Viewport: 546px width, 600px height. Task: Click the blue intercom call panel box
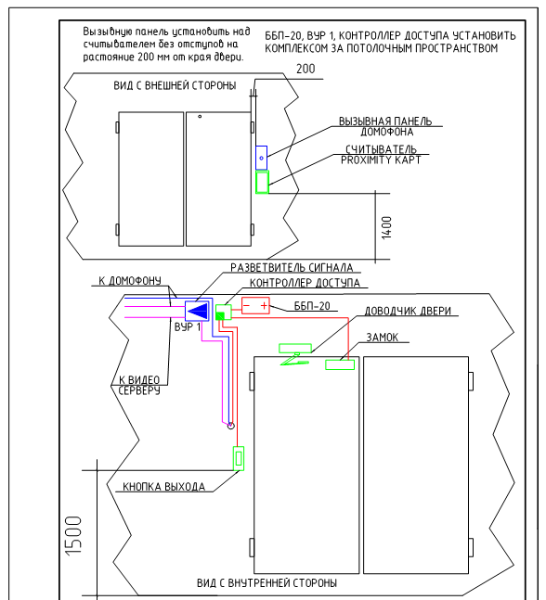[261, 158]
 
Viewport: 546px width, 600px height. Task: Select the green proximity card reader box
[263, 182]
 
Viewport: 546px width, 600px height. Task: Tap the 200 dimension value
[305, 69]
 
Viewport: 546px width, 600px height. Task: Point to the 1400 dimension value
[386, 228]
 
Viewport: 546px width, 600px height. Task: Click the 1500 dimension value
[73, 535]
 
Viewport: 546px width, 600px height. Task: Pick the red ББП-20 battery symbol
[255, 306]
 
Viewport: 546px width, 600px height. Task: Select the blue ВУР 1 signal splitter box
[197, 311]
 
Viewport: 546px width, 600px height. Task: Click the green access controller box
[224, 313]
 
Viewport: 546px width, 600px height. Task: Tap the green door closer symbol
[294, 354]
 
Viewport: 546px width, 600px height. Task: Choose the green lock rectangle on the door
[340, 364]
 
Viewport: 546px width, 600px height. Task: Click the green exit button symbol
[239, 458]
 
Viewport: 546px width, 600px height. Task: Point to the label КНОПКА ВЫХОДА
[164, 487]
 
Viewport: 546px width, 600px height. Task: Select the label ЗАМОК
[382, 338]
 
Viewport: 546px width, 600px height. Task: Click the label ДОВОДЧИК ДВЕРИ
[408, 311]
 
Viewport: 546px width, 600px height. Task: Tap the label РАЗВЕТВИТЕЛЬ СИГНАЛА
[292, 267]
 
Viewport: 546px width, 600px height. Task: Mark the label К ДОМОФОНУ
[130, 281]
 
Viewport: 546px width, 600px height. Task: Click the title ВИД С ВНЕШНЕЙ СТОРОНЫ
[175, 85]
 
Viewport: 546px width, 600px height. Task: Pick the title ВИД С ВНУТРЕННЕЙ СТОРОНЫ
[267, 582]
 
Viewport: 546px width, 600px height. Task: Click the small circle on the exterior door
[200, 116]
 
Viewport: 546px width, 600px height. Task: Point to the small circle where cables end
[230, 426]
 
